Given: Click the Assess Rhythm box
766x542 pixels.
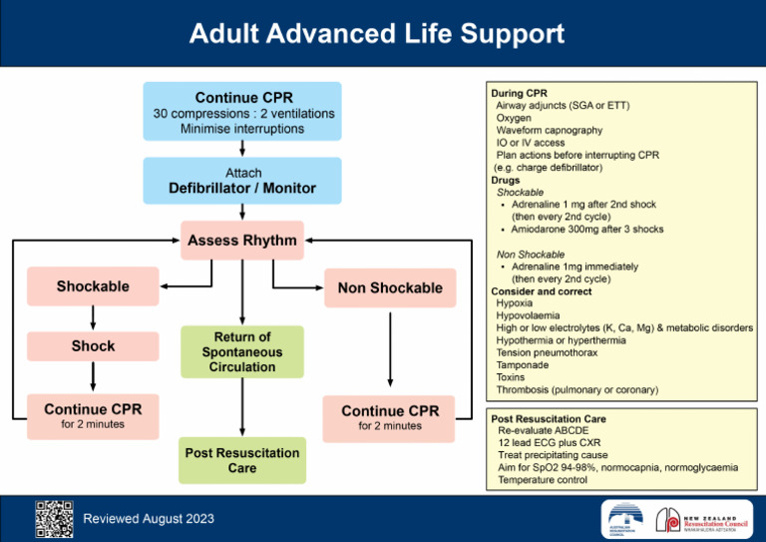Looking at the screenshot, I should click(x=242, y=241).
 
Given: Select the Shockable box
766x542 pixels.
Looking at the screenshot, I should click(x=93, y=286).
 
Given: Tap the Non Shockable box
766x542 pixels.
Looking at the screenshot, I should click(x=390, y=287).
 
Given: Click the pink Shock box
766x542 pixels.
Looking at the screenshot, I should click(x=93, y=346).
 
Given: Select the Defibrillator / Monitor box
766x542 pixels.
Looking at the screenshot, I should click(x=242, y=181).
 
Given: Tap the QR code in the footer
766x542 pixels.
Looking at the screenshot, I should click(x=54, y=517).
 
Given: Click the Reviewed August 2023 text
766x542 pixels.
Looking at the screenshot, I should click(x=149, y=518).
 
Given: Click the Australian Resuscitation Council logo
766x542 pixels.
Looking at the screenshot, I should click(x=624, y=518).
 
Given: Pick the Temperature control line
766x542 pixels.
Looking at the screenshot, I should click(x=543, y=480).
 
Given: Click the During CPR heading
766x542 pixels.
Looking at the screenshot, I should click(x=520, y=93).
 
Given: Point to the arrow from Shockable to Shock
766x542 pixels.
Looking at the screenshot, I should click(x=93, y=317).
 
